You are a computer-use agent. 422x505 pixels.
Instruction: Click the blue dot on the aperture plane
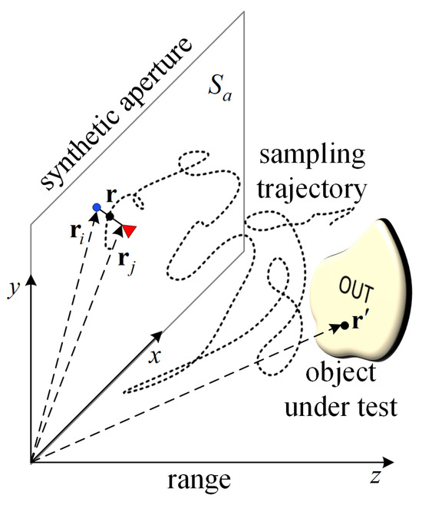click(x=96, y=208)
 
